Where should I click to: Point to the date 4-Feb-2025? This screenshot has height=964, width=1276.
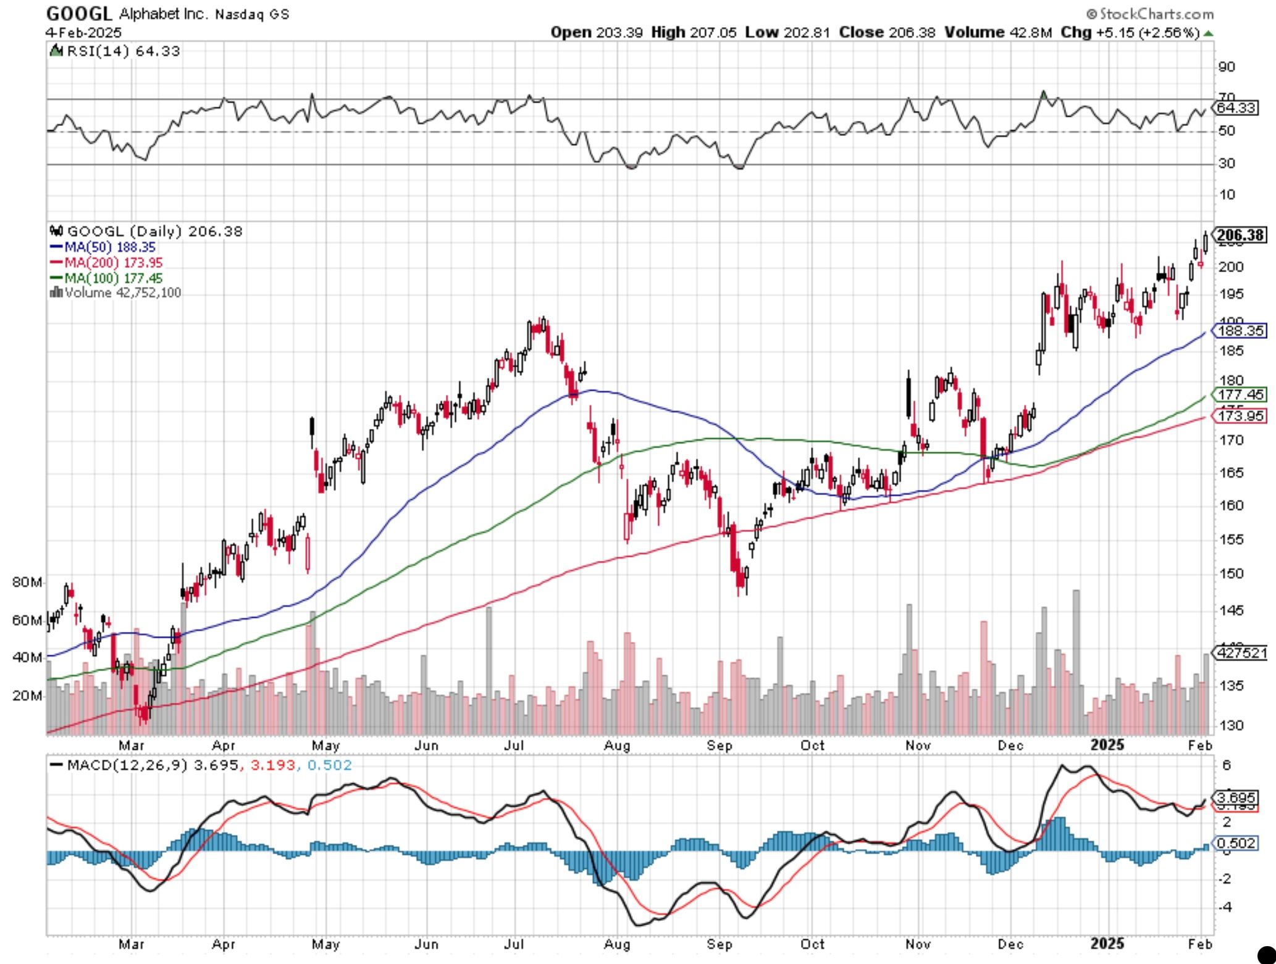[x=84, y=32]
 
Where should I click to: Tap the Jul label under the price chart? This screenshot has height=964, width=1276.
[x=513, y=746]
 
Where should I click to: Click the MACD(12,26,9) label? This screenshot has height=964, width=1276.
[x=127, y=765]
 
